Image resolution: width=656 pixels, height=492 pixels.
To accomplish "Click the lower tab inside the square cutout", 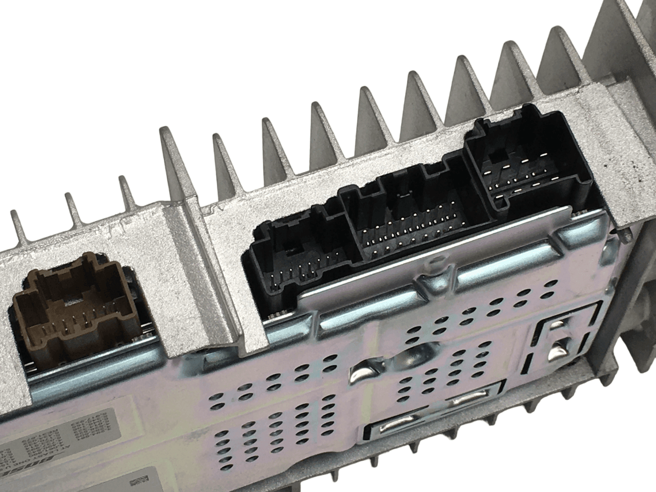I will (556, 354).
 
